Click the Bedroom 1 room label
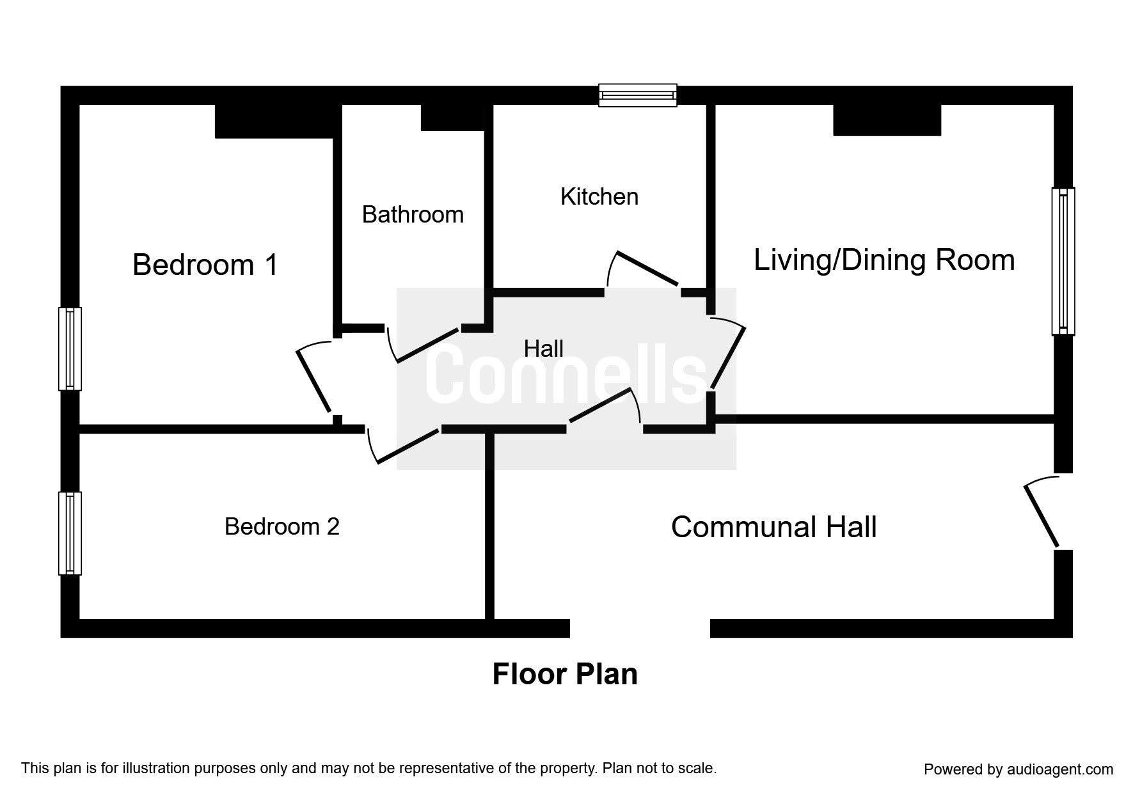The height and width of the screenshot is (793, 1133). (x=205, y=265)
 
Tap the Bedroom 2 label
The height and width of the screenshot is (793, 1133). (x=281, y=526)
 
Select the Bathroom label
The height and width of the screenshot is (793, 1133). (x=413, y=214)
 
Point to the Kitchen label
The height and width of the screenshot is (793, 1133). (x=599, y=196)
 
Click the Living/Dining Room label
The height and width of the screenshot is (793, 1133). (x=884, y=260)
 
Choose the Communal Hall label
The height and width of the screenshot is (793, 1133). (x=773, y=527)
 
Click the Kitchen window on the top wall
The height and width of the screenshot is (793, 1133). (x=638, y=95)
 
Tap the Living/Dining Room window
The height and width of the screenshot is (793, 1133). (x=1063, y=261)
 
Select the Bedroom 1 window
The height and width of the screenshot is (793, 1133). (x=70, y=349)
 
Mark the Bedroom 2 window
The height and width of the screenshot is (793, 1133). (x=70, y=533)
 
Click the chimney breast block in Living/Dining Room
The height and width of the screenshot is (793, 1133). (x=887, y=120)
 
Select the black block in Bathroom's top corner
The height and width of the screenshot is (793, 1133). (x=452, y=117)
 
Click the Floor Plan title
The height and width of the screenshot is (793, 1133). (x=565, y=675)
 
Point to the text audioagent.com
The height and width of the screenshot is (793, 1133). (x=1060, y=769)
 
